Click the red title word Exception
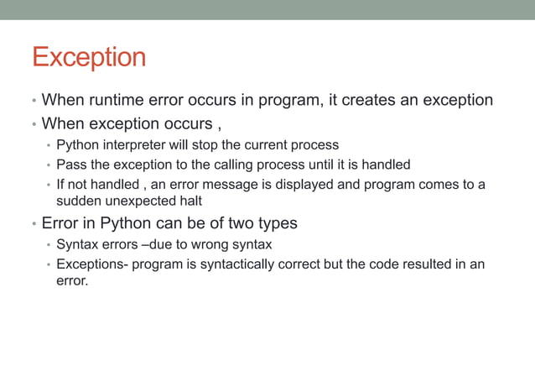pos(89,58)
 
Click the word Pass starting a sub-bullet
pos(71,165)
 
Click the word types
pos(276,224)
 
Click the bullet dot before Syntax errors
pos(49,245)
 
